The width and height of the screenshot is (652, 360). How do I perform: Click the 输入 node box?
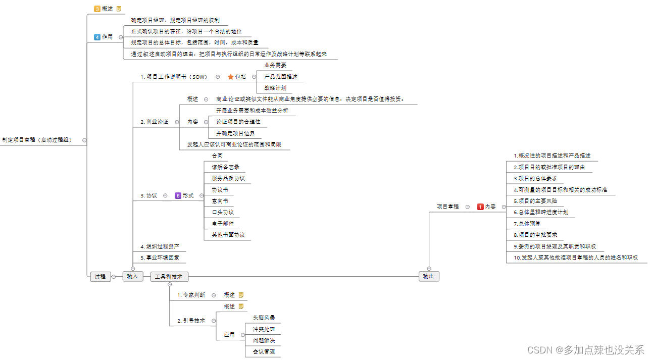point(133,276)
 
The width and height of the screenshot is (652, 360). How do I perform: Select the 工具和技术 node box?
point(169,276)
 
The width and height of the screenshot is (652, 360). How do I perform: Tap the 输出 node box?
point(429,276)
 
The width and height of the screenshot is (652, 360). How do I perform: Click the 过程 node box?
point(101,276)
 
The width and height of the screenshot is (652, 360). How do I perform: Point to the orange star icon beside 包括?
point(230,77)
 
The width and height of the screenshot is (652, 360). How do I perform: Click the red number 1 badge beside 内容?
point(480,207)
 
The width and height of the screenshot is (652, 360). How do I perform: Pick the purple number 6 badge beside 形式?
point(178,195)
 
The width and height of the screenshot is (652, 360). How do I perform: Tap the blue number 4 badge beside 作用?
point(97,37)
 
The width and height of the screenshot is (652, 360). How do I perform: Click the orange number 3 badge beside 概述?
point(97,9)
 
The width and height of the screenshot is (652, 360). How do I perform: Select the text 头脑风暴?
point(264,318)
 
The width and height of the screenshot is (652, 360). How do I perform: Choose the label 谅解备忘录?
point(225,167)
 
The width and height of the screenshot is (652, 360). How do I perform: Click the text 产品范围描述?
point(281,77)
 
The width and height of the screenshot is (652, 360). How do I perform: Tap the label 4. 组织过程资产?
point(160,246)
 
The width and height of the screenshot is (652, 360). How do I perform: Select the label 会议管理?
point(264,351)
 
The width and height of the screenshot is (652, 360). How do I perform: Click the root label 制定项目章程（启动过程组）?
point(37,139)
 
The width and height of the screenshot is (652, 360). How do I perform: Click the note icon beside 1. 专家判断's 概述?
point(241,295)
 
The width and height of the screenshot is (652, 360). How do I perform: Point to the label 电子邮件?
point(223,223)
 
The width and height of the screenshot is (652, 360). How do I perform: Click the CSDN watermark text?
point(585,349)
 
